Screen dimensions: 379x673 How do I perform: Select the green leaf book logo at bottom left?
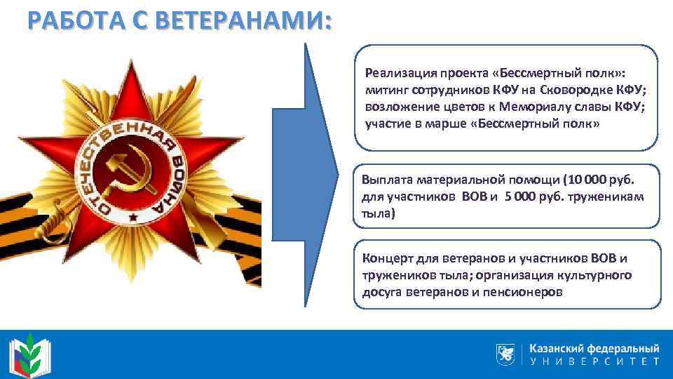click(x=27, y=353)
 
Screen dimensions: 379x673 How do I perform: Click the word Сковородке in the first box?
click(x=560, y=90)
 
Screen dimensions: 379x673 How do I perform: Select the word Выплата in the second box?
click(x=383, y=180)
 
